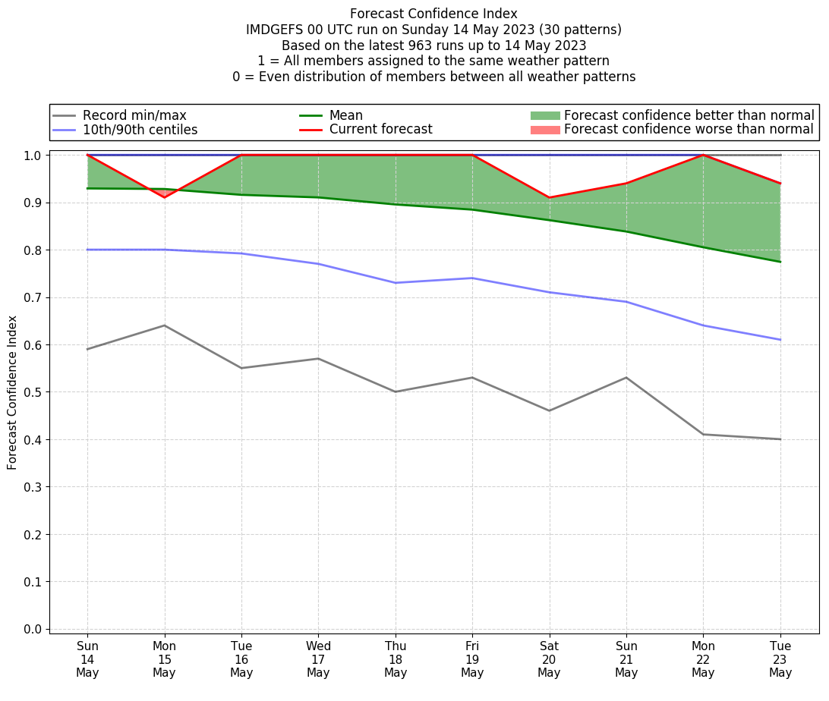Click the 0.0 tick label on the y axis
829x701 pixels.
[x=33, y=629]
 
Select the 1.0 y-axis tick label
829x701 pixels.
[x=33, y=156]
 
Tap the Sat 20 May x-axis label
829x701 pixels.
[x=549, y=659]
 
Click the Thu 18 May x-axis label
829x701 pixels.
[x=396, y=659]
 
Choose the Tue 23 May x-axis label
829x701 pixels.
[x=780, y=659]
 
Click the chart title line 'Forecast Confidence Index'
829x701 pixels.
[x=433, y=14]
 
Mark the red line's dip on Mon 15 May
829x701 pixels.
[x=165, y=197]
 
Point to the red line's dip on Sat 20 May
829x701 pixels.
[x=549, y=197]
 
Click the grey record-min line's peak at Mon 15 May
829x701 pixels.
[x=165, y=325]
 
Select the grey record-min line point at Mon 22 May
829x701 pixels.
[x=703, y=434]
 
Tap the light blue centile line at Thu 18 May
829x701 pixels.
[x=396, y=283]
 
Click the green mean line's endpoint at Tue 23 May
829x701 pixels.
[x=780, y=262]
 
